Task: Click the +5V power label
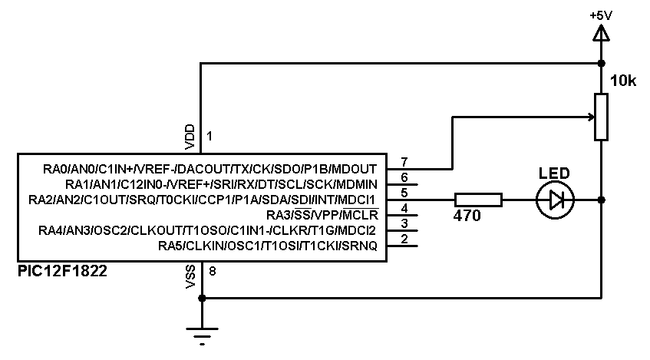point(601,15)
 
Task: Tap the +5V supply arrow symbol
point(601,33)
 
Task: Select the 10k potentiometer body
point(601,117)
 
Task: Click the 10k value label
point(622,81)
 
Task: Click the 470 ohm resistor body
point(478,200)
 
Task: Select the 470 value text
point(467,217)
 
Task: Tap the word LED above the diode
point(555,173)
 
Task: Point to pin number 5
point(404,193)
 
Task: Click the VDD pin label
point(190,136)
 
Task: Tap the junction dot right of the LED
point(601,200)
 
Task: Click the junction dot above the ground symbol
point(201,298)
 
